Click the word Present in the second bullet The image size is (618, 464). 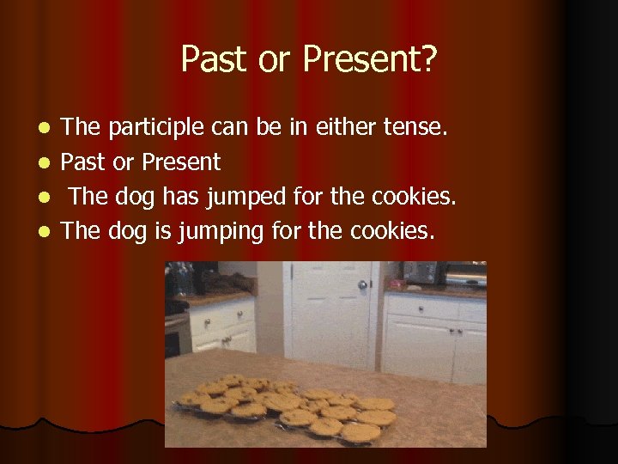click(x=181, y=162)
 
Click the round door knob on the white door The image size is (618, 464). click(x=362, y=284)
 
